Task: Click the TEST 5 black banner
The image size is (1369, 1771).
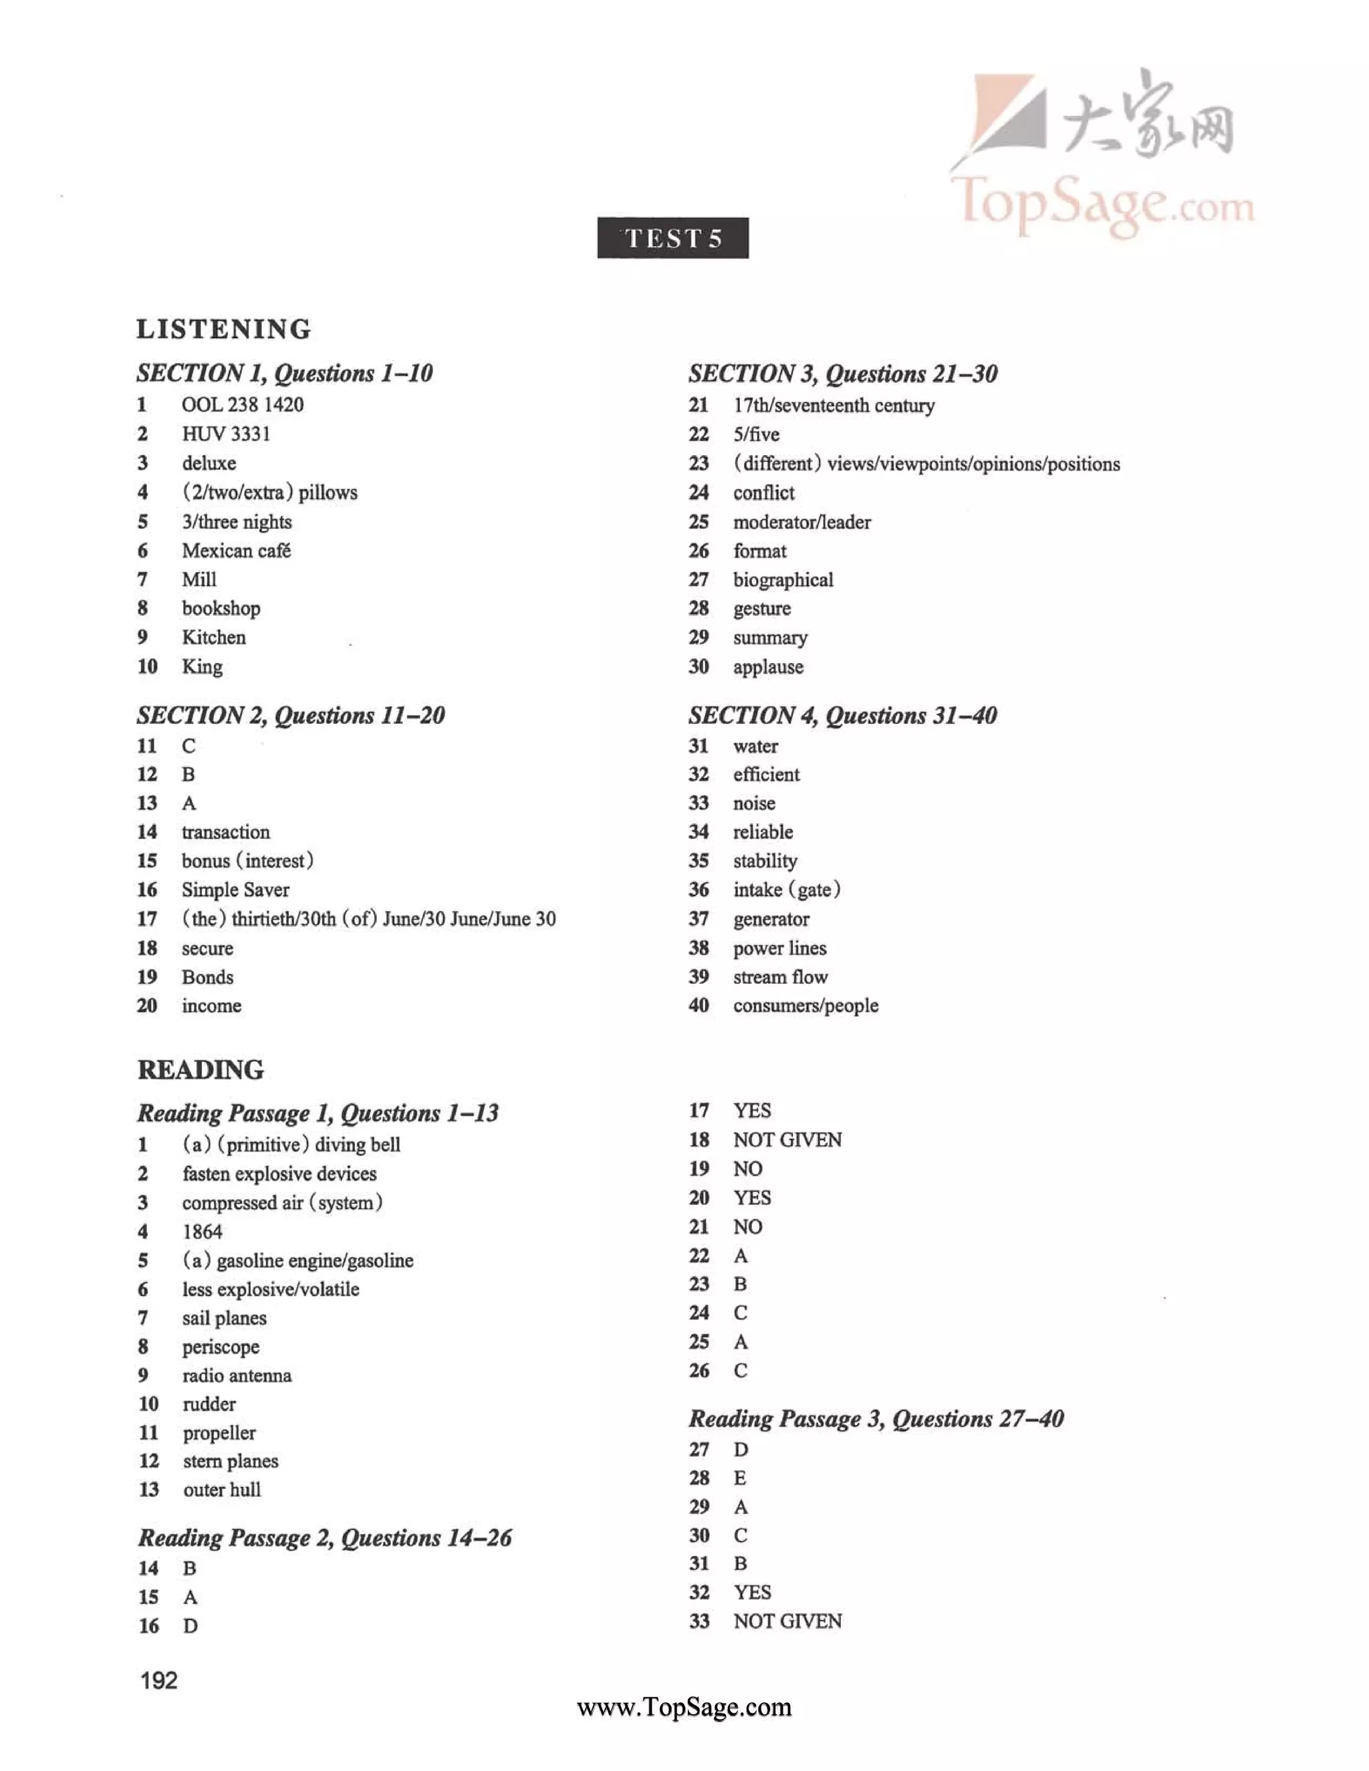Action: pos(672,238)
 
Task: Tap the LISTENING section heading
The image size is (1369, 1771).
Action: pos(224,329)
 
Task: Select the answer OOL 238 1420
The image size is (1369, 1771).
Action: pos(243,404)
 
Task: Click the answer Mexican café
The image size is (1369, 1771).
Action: pos(236,551)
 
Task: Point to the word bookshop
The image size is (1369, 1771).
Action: pos(221,608)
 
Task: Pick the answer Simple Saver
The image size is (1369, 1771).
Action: pos(235,890)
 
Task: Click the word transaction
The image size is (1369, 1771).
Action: pos(225,832)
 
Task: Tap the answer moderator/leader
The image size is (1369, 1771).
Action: pos(801,522)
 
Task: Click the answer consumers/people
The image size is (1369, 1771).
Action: pos(805,1006)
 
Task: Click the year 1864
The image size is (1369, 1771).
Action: pos(202,1232)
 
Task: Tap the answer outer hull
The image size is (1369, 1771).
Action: pos(221,1490)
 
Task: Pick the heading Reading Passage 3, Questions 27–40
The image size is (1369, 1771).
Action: pos(876,1418)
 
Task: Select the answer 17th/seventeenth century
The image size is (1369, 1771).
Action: pos(834,406)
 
